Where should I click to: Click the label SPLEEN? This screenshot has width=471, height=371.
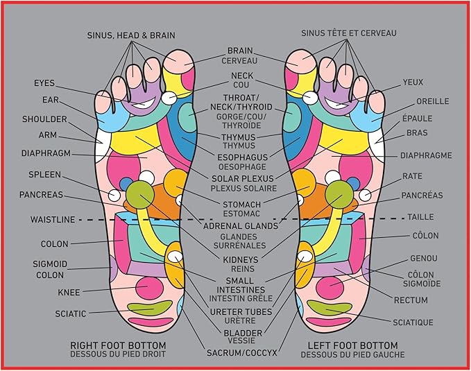pyautogui.click(x=45, y=174)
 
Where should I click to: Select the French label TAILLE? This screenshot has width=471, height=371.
pyautogui.click(x=420, y=216)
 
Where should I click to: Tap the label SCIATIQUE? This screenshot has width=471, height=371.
pyautogui.click(x=413, y=322)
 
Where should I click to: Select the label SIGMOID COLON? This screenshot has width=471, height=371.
pyautogui.click(x=49, y=269)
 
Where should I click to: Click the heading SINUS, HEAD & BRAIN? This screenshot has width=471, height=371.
pyautogui.click(x=131, y=35)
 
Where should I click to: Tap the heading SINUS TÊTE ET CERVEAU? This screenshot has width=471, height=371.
pyautogui.click(x=349, y=33)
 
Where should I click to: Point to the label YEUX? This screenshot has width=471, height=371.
pyautogui.click(x=413, y=83)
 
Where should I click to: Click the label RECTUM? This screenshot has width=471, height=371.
pyautogui.click(x=411, y=300)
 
